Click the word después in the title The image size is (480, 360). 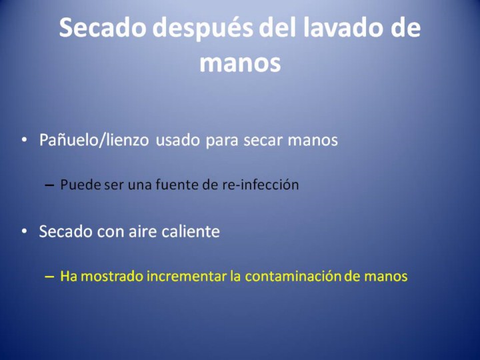tap(203, 29)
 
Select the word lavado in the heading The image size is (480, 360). tap(341, 27)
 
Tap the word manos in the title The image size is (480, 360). tap(240, 63)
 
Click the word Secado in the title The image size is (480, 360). tap(103, 27)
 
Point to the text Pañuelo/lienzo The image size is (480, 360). tap(94, 140)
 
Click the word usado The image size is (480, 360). tap(177, 140)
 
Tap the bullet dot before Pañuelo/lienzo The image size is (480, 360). tap(24, 139)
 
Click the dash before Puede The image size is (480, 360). tap(49, 185)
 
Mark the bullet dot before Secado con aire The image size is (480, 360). tap(24, 231)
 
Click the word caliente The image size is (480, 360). tap(191, 231)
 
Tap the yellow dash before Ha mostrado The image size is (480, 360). tap(49, 277)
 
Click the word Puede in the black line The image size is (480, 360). tap(81, 185)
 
